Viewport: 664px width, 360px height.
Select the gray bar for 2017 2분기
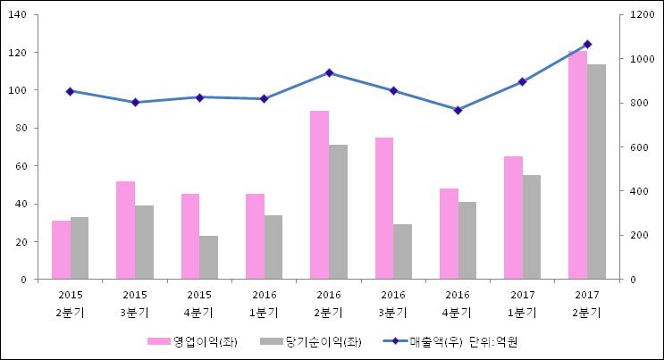(x=596, y=172)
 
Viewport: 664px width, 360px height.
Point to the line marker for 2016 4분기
(x=458, y=110)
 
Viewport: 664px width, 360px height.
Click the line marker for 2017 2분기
(x=587, y=44)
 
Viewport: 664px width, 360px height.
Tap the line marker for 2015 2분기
(x=70, y=91)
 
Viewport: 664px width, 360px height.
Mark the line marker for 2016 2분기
(x=329, y=72)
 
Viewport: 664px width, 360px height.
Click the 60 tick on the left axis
(x=25, y=166)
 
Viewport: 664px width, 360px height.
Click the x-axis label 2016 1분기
(x=264, y=303)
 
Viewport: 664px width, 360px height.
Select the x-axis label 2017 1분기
(x=522, y=303)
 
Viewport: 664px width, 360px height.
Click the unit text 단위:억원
(x=494, y=341)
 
